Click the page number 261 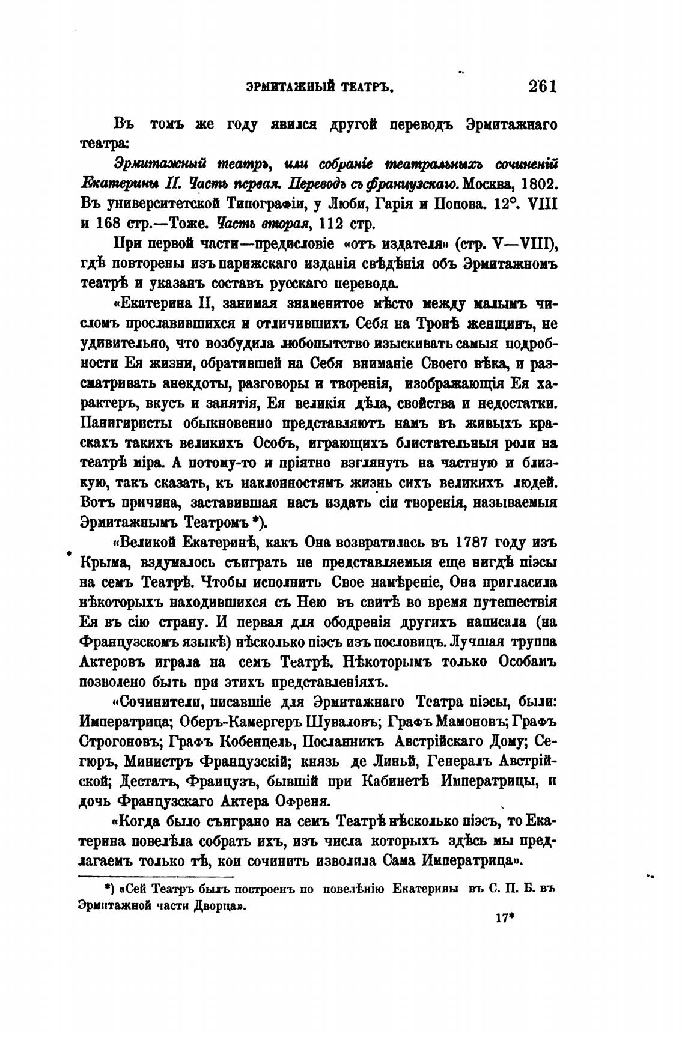(x=543, y=86)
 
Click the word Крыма (x=100, y=562)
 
